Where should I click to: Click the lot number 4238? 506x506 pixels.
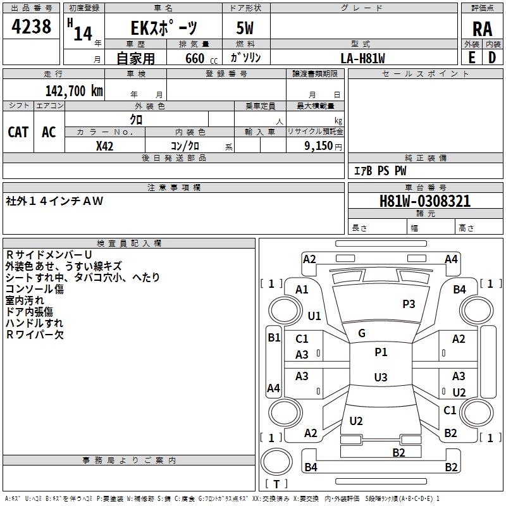tap(31, 27)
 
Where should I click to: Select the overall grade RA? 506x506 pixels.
tap(482, 29)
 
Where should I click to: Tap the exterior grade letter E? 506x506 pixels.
tap(471, 58)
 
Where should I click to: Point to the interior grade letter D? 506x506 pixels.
tap(492, 58)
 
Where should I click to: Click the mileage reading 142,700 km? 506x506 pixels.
tap(74, 91)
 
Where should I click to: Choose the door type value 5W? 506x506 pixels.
tap(245, 28)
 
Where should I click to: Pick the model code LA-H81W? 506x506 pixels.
tap(362, 58)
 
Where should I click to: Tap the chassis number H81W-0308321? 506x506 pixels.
tap(425, 201)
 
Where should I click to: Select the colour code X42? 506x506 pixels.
tap(104, 146)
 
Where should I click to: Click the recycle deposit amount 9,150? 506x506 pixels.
tap(318, 146)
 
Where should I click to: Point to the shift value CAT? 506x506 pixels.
tap(18, 132)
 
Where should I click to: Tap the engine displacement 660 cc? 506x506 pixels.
tap(201, 59)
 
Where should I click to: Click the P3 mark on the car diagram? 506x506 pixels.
tap(409, 304)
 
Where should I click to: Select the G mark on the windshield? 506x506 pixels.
tap(362, 333)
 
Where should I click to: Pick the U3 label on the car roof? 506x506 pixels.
tap(381, 377)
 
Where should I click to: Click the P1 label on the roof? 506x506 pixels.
tap(381, 352)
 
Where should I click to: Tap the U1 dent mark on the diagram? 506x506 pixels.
tap(314, 316)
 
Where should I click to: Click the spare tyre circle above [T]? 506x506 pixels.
tap(276, 462)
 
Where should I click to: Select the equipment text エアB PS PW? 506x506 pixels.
tap(380, 171)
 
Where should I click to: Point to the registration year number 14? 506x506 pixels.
tap(83, 34)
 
